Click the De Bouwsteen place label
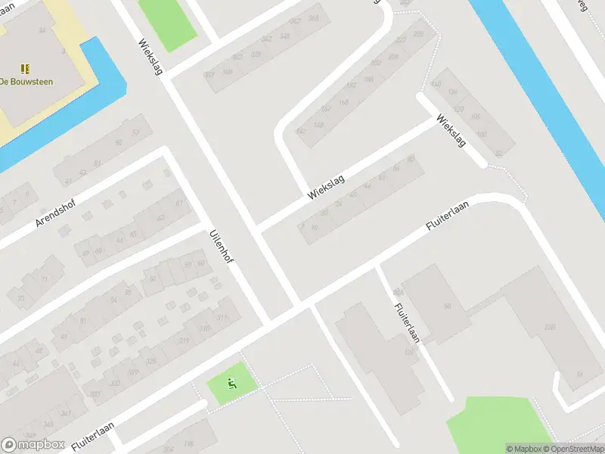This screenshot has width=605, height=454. [x=27, y=82]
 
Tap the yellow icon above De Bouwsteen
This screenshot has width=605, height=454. [x=25, y=68]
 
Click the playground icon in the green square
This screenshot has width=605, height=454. [x=231, y=384]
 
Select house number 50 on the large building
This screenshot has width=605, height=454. [x=447, y=306]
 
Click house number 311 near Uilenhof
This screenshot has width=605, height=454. [x=223, y=319]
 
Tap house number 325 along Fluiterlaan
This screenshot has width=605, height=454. [x=150, y=362]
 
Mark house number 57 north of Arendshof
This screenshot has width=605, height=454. [x=137, y=132]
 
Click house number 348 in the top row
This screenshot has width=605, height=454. [x=284, y=36]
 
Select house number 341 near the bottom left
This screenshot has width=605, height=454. [x=66, y=413]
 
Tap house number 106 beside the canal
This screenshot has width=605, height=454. [x=475, y=117]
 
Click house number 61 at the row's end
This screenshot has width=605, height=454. [x=179, y=203]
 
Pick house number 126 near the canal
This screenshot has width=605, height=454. [x=453, y=92]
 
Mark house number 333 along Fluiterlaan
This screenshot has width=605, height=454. [x=115, y=383]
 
